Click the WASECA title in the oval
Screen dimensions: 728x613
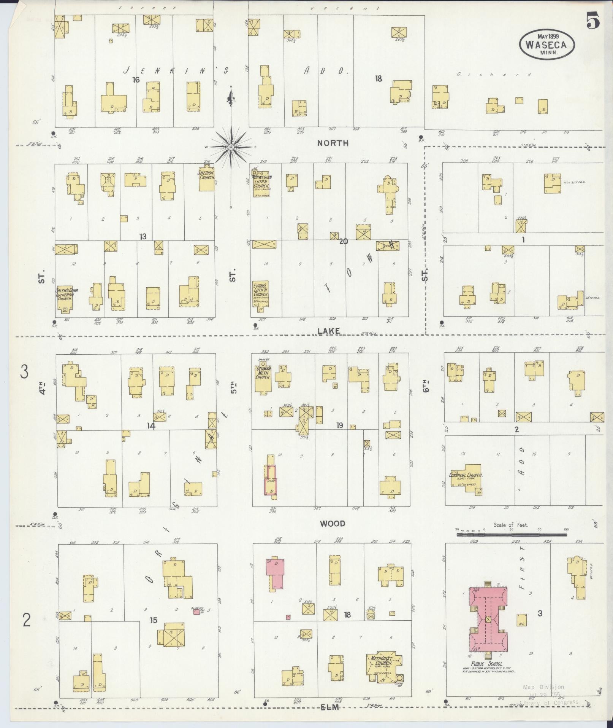[546, 45]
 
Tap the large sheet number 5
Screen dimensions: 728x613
[592, 21]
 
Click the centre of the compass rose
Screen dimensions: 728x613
[231, 147]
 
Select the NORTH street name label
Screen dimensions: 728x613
[333, 143]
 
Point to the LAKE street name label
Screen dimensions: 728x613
[329, 331]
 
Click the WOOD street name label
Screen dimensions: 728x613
[333, 524]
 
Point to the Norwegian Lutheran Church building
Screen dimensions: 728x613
[261, 183]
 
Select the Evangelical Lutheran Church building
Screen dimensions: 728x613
[261, 293]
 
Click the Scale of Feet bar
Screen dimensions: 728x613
[511, 535]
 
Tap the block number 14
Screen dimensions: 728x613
[151, 426]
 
